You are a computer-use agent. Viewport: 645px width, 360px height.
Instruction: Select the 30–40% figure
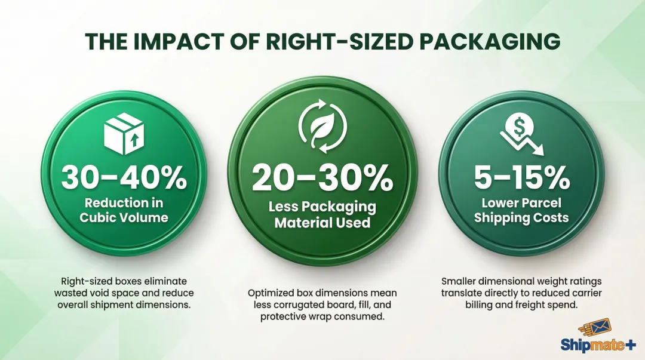tap(124, 177)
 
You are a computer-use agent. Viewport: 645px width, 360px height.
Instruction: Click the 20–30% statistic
tap(322, 177)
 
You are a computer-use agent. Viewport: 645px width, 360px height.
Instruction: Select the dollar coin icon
tap(515, 127)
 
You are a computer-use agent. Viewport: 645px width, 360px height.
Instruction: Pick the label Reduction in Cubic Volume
tap(124, 210)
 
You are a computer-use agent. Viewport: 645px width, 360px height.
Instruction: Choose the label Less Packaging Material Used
tap(322, 215)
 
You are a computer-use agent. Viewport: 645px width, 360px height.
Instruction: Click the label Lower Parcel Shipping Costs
tap(521, 210)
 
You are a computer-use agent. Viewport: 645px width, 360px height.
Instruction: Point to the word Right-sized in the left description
tap(85, 281)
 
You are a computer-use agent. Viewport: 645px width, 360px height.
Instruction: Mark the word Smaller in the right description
tap(461, 281)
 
